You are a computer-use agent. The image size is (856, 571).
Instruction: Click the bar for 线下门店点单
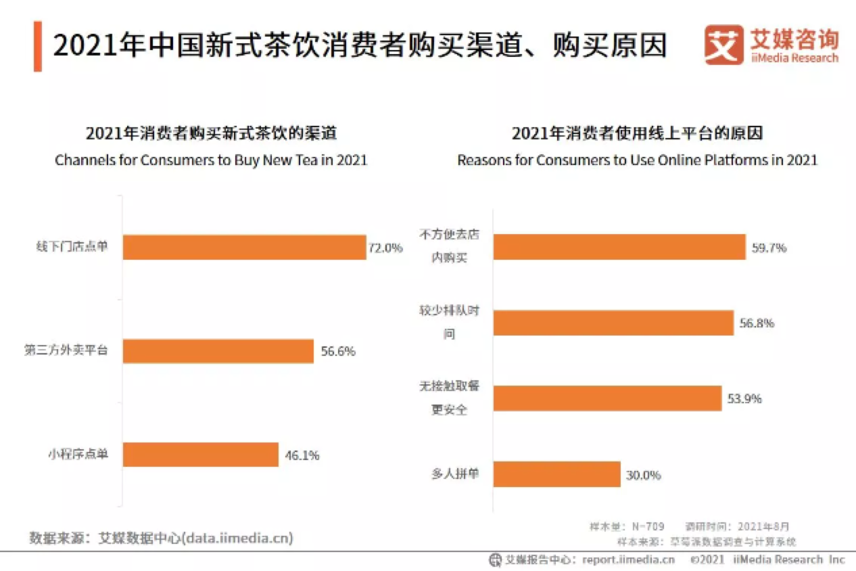click(x=244, y=248)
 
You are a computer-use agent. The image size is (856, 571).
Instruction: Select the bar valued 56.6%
click(x=218, y=351)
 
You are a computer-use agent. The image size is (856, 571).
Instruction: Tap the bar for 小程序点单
click(x=200, y=455)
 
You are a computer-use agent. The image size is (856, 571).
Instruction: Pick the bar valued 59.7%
click(x=619, y=248)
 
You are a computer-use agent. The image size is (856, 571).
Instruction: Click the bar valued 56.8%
click(x=613, y=323)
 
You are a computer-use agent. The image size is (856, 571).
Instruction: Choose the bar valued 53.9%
click(x=607, y=398)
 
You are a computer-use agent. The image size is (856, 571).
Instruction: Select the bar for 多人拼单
click(x=556, y=474)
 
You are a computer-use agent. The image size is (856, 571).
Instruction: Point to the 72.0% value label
click(x=385, y=248)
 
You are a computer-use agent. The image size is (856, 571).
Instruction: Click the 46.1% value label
click(x=302, y=455)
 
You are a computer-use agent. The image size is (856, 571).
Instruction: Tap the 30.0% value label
click(x=643, y=475)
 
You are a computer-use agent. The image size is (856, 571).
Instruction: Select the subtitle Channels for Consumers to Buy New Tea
click(x=211, y=160)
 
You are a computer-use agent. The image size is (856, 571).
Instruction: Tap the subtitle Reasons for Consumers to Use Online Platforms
click(x=637, y=160)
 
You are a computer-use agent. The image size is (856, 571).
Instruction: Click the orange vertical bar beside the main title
click(x=38, y=46)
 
